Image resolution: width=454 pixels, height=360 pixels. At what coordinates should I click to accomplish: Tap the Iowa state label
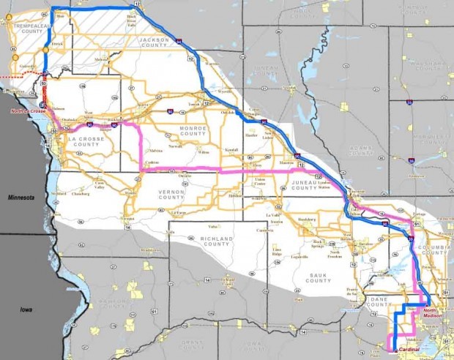[26, 310]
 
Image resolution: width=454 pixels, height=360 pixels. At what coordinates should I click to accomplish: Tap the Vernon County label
[171, 194]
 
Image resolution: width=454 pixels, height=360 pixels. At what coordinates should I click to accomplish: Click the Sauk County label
[319, 278]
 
